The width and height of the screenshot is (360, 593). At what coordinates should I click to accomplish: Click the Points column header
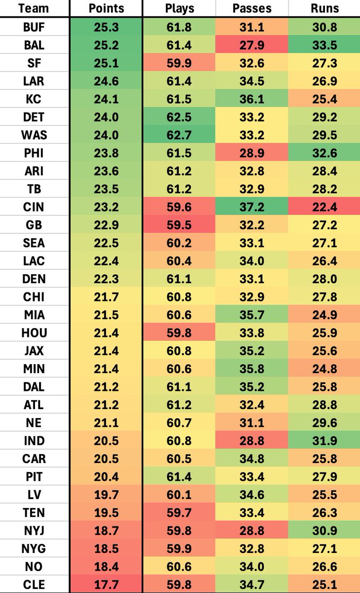[x=106, y=8]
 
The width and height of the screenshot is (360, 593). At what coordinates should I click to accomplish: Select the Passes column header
[x=252, y=8]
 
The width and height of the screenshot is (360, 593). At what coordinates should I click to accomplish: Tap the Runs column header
[x=324, y=8]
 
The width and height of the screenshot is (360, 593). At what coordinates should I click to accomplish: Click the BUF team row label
[x=34, y=27]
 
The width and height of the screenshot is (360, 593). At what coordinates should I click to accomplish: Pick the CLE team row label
[x=34, y=585]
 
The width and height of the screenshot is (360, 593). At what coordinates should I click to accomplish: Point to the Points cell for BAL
[x=106, y=45]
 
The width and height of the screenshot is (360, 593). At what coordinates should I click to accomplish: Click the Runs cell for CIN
[x=324, y=207]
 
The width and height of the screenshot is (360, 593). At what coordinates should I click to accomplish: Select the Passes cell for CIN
[x=252, y=207]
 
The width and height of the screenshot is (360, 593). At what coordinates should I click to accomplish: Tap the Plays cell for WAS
[x=179, y=135]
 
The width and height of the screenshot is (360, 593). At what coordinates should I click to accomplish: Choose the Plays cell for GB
[x=179, y=225]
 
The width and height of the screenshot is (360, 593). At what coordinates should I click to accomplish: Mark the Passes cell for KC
[x=252, y=99]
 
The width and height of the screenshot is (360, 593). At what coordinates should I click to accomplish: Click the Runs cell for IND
[x=324, y=441]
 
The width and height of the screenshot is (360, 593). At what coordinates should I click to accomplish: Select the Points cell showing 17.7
[x=106, y=585]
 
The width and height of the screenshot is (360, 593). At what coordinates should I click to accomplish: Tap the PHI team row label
[x=34, y=153]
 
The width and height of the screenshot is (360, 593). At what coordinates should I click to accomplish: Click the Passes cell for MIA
[x=252, y=315]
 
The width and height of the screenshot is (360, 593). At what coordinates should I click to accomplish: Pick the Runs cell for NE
[x=324, y=423]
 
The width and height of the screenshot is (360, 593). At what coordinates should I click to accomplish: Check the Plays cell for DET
[x=179, y=117]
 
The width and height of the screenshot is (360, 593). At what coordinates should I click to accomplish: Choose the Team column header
[x=34, y=8]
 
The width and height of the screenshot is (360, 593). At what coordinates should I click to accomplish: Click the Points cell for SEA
[x=106, y=243]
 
